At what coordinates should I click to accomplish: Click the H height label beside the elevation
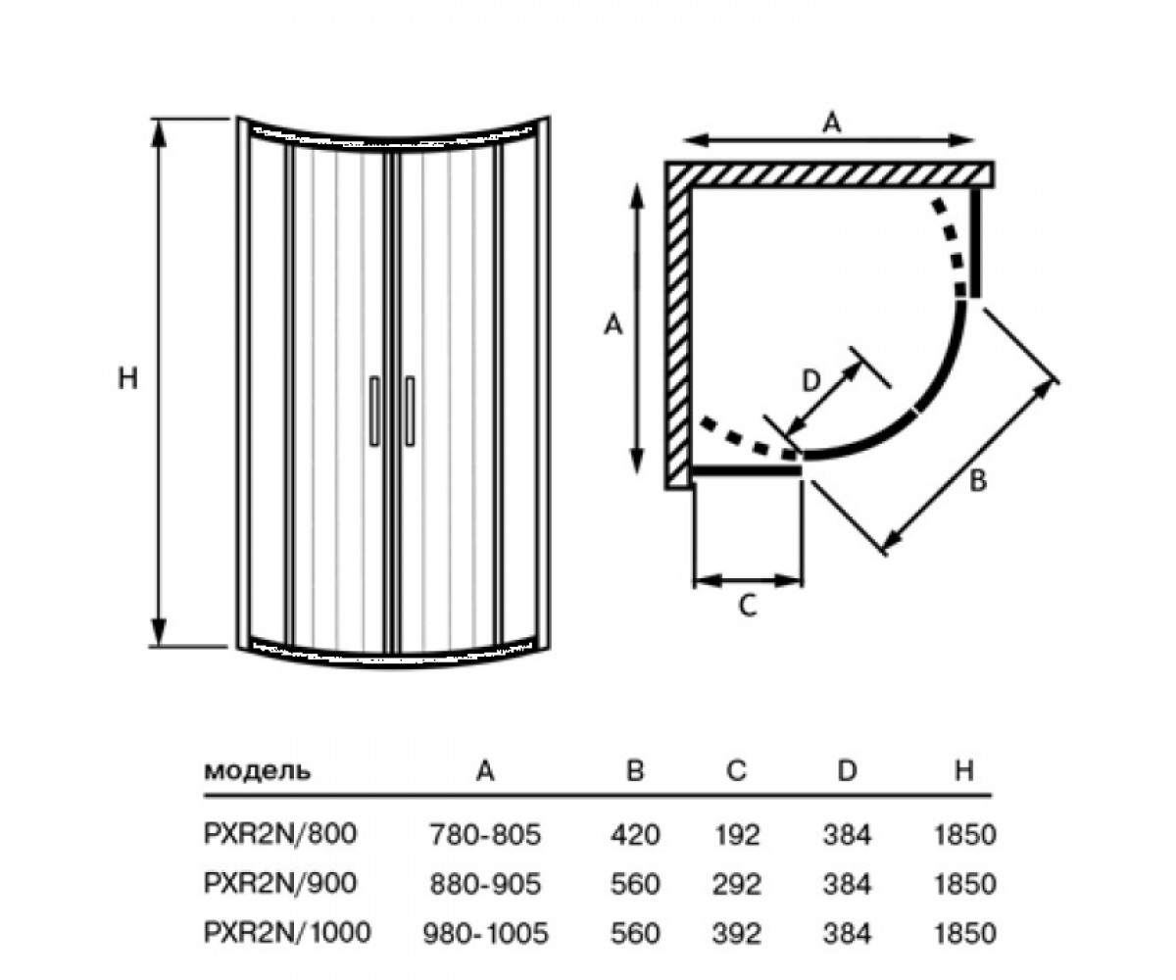point(127,377)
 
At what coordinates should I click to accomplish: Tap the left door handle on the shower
point(374,411)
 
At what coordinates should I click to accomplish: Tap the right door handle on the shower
point(410,411)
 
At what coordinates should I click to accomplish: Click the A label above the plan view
point(832,122)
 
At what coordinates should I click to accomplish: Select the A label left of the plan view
point(612,325)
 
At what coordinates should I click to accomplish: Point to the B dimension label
point(978,481)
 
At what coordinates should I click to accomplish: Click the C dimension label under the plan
point(748,606)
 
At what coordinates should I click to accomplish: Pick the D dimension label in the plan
point(811,381)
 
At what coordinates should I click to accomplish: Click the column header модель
point(257,771)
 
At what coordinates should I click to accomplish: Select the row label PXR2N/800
point(280,834)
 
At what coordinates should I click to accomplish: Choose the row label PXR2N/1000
point(287,932)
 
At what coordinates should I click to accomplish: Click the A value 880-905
point(485,884)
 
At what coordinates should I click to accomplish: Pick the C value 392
point(737,933)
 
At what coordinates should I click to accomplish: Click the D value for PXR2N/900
point(847,884)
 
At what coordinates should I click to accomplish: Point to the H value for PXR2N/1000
point(964,933)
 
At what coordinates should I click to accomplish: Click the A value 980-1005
point(485,933)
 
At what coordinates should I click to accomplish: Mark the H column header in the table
point(964,770)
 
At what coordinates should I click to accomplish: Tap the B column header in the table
point(635,770)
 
